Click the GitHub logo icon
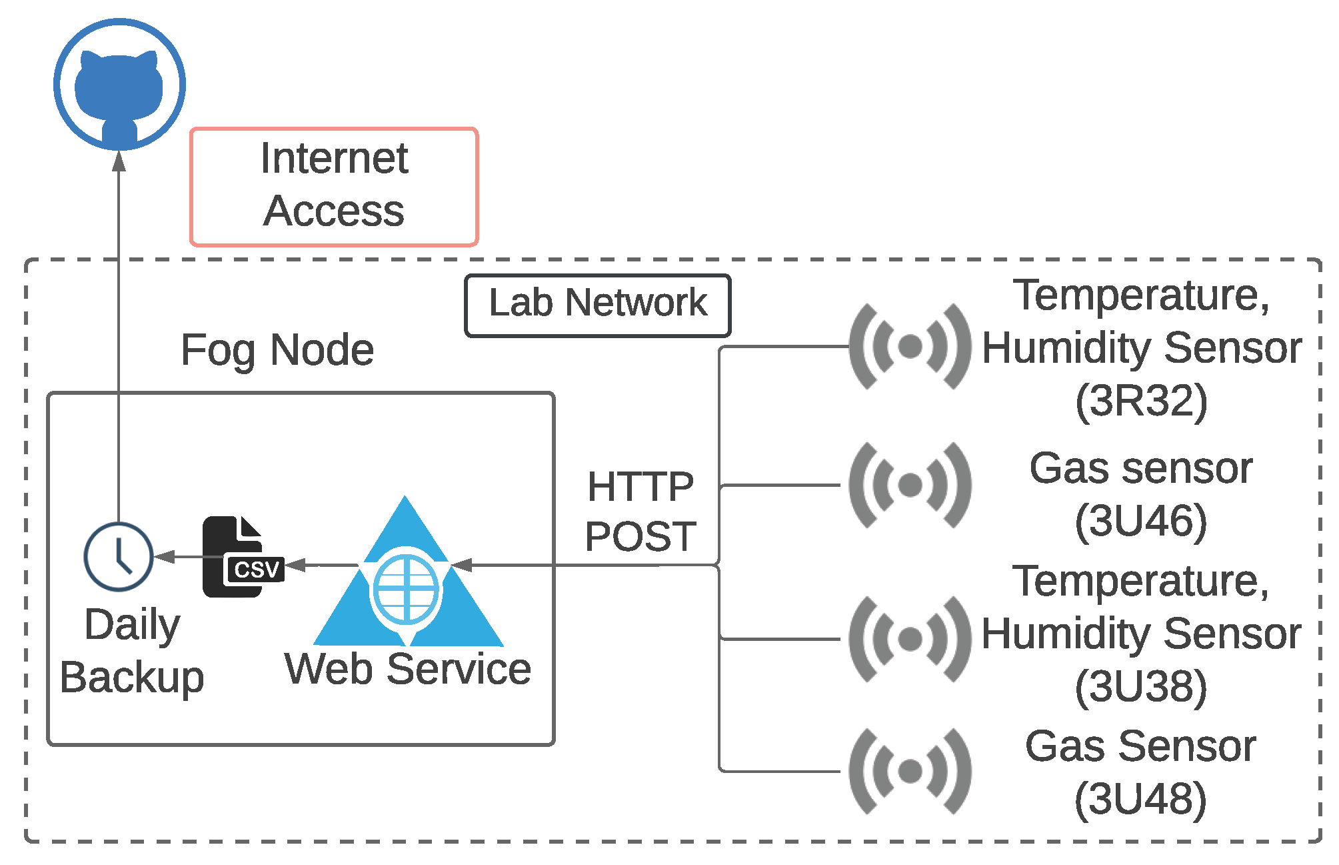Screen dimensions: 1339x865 pos(119,84)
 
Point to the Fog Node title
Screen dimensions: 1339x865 pos(277,350)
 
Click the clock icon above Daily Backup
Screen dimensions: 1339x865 pos(119,556)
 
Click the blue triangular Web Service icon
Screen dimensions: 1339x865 pos(408,571)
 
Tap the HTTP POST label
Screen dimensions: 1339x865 pos(641,511)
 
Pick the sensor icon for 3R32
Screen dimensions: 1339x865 pos(910,346)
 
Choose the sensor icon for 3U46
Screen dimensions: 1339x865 pos(910,485)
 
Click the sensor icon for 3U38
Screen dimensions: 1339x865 pos(910,639)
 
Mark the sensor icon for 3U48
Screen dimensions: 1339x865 pos(910,771)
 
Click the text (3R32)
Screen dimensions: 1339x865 pos(1141,401)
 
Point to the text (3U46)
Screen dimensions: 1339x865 pos(1141,521)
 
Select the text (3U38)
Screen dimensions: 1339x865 pos(1141,687)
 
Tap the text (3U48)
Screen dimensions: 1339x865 pos(1141,799)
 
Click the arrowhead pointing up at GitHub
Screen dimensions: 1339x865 pos(119,161)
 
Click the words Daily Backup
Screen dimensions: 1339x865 pos(132,652)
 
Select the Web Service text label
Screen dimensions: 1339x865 pos(408,669)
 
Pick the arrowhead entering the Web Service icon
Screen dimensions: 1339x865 pos(461,566)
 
